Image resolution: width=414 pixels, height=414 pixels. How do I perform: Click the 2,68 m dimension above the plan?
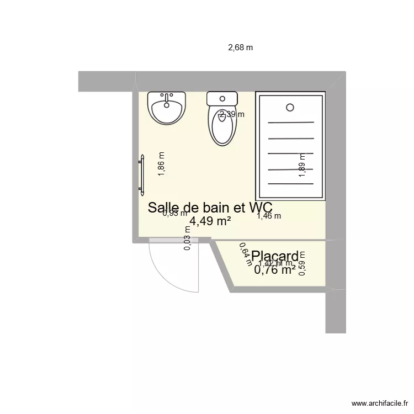(x=240, y=47)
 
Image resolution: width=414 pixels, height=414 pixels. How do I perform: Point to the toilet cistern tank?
(x=222, y=99)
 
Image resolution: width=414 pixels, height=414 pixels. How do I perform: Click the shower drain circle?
(x=290, y=108)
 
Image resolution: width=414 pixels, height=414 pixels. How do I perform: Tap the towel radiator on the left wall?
(x=141, y=173)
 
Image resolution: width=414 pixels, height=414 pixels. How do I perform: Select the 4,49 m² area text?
(x=210, y=221)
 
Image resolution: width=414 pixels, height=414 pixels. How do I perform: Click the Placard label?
(x=275, y=256)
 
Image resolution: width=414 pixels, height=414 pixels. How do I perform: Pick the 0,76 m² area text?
(x=274, y=270)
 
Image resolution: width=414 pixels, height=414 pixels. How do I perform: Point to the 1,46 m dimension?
(x=269, y=216)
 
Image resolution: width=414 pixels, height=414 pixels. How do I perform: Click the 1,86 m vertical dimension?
(x=162, y=164)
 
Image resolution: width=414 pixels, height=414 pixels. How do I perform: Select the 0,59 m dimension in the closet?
(x=302, y=264)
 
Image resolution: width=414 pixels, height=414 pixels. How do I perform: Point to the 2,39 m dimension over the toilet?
(x=232, y=114)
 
